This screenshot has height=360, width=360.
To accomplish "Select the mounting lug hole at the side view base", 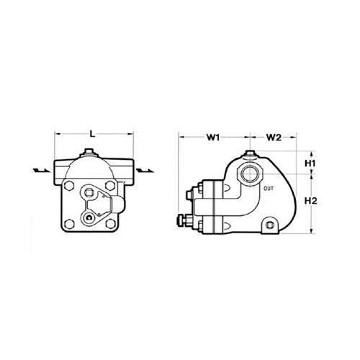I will pyautogui.click(x=271, y=225).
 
